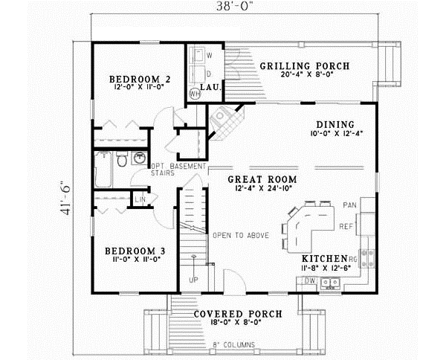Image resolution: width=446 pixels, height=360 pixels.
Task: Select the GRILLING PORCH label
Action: [x=304, y=66]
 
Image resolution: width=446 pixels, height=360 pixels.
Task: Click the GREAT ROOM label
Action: [x=262, y=179]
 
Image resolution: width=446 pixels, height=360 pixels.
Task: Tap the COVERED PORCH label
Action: [x=237, y=314]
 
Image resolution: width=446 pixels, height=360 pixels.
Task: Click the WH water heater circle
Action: [x=195, y=94]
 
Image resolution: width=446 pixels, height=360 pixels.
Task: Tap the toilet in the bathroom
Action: [x=121, y=160]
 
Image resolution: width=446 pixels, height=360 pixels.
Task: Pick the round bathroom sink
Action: [x=139, y=158]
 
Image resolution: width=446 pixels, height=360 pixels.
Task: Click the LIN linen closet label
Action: [x=139, y=199]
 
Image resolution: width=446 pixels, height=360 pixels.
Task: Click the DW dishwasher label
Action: [x=310, y=280]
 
